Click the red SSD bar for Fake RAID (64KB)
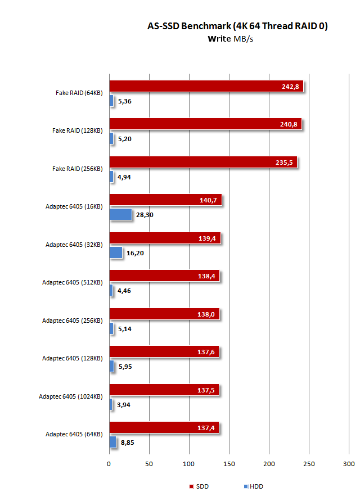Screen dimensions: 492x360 click(206, 86)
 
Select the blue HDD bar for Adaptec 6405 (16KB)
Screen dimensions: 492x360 click(120, 214)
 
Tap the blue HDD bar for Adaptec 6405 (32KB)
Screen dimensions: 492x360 click(115, 252)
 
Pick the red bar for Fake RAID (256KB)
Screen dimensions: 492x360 click(202, 162)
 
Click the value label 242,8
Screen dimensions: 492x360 click(291, 86)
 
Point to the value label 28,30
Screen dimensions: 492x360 click(145, 215)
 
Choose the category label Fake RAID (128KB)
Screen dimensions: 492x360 click(77, 130)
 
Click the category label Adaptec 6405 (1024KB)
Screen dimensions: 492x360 click(70, 396)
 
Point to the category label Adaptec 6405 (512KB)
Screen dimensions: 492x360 click(72, 282)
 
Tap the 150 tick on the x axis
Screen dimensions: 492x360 click(229, 464)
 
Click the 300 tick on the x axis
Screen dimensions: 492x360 click(349, 464)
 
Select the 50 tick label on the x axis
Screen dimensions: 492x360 click(149, 464)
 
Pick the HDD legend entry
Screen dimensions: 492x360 click(253, 486)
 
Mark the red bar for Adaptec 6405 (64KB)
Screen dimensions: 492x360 click(164, 428)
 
